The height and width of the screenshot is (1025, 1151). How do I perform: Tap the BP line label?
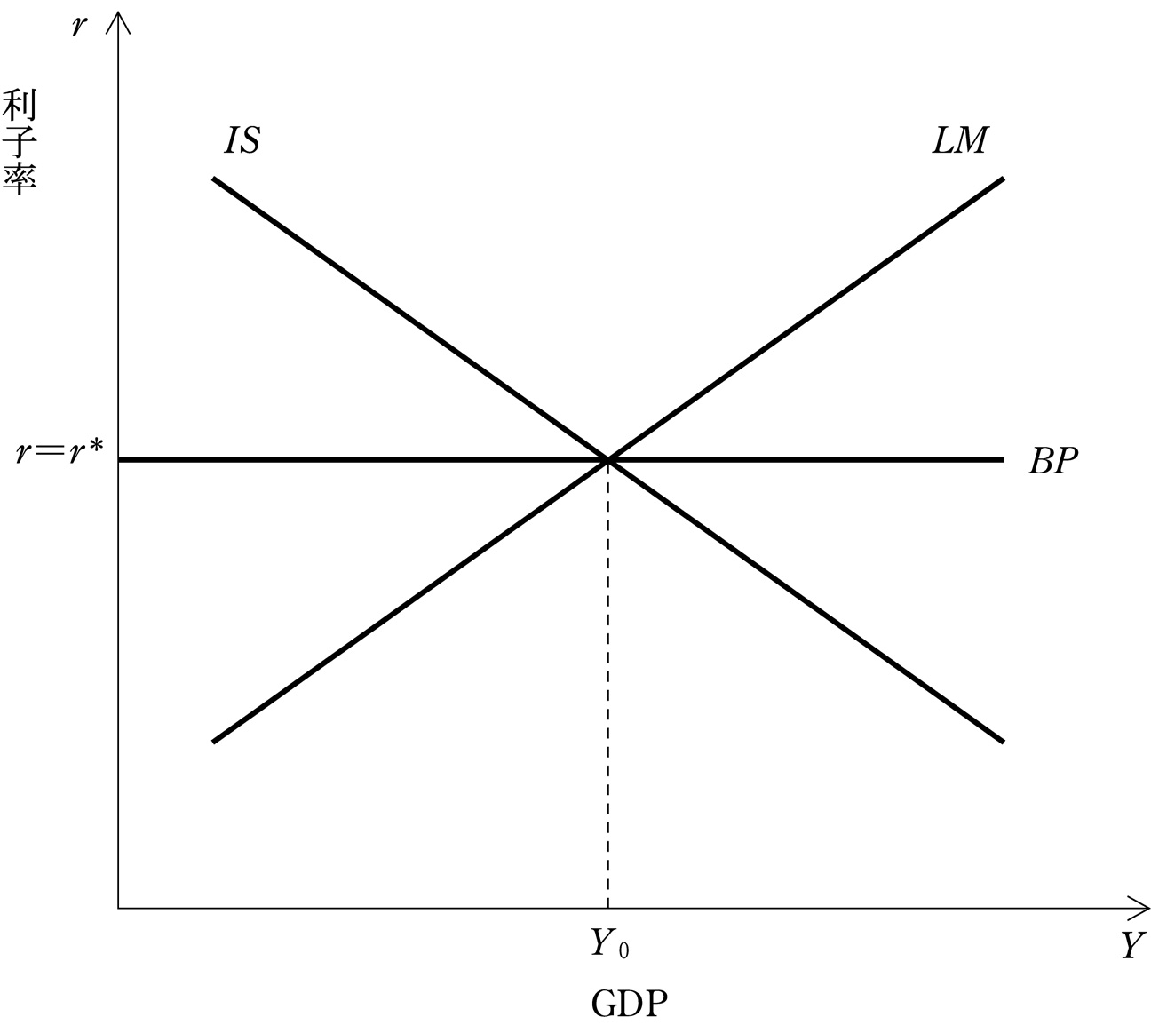1052,461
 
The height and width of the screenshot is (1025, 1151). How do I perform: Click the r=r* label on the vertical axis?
60,452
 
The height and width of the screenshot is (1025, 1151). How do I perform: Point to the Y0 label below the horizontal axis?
609,942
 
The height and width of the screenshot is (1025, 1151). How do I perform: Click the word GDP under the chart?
629,1004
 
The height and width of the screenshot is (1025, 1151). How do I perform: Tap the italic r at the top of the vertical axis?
80,26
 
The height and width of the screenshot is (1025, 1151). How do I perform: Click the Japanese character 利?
20,106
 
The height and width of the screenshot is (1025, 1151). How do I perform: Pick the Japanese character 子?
20,142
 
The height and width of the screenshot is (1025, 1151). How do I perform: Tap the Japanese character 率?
20,179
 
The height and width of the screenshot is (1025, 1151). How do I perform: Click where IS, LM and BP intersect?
607,460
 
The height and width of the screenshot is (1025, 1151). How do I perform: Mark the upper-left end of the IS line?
214,179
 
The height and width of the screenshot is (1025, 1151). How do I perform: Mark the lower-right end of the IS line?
1004,741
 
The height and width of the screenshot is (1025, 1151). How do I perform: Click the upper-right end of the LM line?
1004,179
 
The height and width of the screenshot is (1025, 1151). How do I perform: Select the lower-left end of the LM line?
214,741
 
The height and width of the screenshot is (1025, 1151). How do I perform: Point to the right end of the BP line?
1004,460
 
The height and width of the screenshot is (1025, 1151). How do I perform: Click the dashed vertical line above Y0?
607,684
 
